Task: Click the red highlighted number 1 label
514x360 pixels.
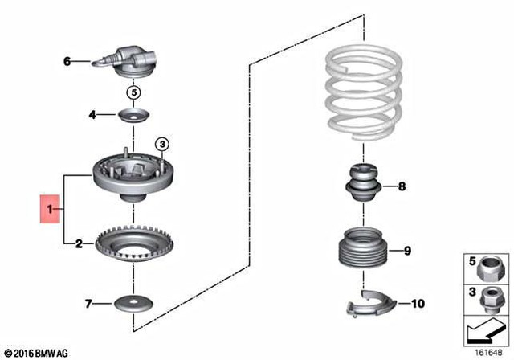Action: click(49, 211)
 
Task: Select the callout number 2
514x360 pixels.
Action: click(78, 243)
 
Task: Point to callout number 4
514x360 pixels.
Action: click(92, 116)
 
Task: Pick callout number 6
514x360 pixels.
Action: click(67, 60)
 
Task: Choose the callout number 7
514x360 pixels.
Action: click(88, 304)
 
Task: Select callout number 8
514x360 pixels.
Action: click(402, 188)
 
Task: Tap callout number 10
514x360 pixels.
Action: click(417, 304)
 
